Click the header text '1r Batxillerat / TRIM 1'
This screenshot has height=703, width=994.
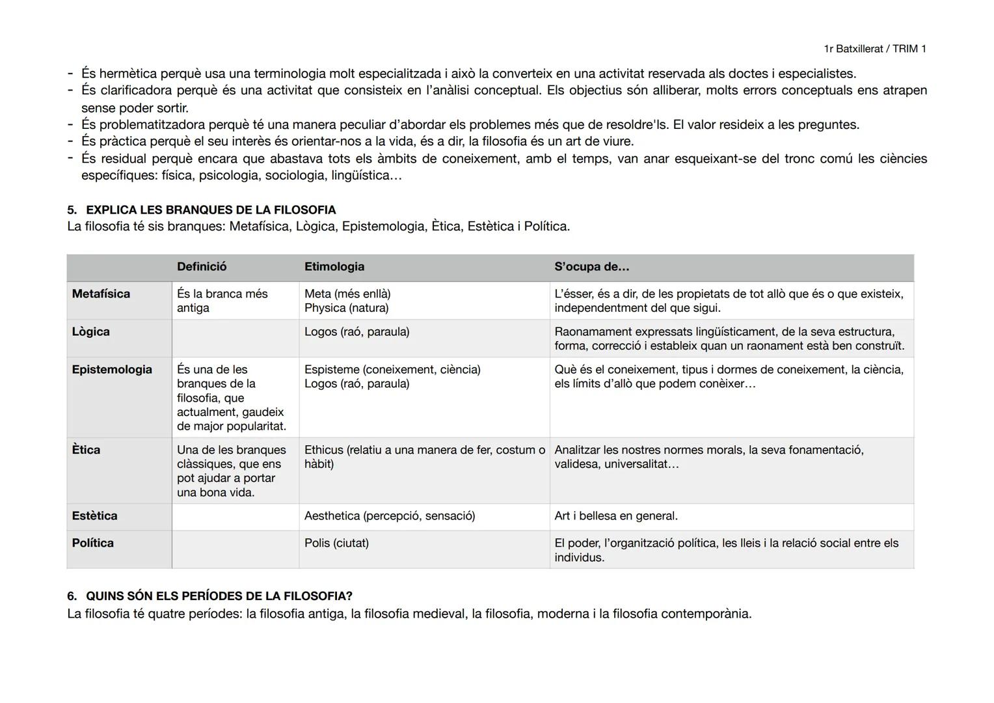tap(874, 49)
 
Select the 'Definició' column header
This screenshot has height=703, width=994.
tap(202, 267)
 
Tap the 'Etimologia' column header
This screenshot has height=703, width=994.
tap(334, 267)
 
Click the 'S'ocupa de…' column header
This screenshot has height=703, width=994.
tap(591, 267)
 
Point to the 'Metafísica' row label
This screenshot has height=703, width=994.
tap(101, 294)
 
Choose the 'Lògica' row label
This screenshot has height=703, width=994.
tap(90, 332)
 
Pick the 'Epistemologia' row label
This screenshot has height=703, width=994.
tap(112, 370)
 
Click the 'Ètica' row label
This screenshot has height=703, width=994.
tap(86, 450)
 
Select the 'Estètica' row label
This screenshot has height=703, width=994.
tap(94, 516)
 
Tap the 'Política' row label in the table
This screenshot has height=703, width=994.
tap(92, 544)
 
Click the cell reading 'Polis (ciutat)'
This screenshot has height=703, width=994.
tap(336, 544)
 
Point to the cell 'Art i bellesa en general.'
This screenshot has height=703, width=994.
tap(615, 516)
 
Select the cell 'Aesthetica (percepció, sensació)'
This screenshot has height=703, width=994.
tap(390, 516)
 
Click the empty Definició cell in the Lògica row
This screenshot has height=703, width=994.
tap(235, 338)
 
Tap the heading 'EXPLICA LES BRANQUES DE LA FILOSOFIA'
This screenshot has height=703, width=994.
tap(211, 210)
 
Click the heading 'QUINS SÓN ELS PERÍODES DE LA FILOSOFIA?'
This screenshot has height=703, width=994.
tap(219, 596)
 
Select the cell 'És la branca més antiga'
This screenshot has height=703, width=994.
tap(222, 301)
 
